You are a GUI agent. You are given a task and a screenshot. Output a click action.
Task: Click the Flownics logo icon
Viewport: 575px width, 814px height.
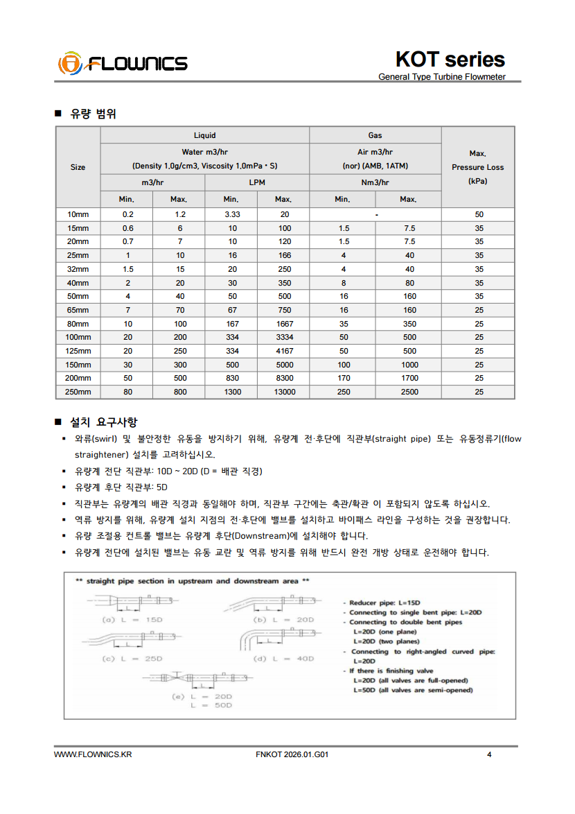click(x=69, y=63)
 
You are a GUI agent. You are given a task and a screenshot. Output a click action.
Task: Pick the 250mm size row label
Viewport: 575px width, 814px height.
click(x=78, y=392)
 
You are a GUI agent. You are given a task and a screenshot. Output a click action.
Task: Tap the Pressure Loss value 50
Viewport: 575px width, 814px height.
click(x=479, y=214)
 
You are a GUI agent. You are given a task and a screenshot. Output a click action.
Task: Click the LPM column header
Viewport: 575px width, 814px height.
click(x=257, y=182)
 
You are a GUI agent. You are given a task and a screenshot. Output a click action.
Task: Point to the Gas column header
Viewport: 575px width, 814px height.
click(x=375, y=135)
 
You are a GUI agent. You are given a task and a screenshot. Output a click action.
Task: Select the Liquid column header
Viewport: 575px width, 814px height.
click(x=204, y=135)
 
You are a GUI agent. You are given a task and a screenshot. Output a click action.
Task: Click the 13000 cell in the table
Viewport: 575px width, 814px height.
click(x=284, y=392)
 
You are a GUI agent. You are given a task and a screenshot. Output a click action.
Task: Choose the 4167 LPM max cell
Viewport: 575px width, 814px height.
click(x=284, y=351)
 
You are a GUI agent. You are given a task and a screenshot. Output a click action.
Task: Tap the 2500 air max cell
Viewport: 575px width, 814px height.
click(x=409, y=392)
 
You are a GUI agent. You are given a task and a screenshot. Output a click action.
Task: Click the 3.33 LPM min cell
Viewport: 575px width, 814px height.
click(x=232, y=214)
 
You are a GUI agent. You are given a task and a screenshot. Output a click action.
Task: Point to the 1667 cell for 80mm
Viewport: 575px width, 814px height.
click(x=284, y=324)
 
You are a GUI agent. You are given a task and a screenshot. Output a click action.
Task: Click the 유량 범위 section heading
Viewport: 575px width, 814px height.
click(x=93, y=114)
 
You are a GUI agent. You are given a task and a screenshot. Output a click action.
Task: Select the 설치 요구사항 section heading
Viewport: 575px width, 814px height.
click(x=103, y=422)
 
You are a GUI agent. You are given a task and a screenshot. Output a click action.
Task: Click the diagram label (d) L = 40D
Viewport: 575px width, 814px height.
click(x=284, y=658)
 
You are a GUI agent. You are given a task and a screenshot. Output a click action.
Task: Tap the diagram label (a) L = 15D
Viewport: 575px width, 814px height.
click(x=132, y=619)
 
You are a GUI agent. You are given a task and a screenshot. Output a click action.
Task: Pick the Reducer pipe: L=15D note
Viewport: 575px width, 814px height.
click(x=384, y=603)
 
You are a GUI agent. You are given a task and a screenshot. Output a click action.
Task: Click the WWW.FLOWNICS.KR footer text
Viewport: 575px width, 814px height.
click(x=92, y=755)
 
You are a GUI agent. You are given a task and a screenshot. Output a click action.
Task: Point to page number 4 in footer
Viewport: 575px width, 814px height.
click(x=489, y=755)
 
